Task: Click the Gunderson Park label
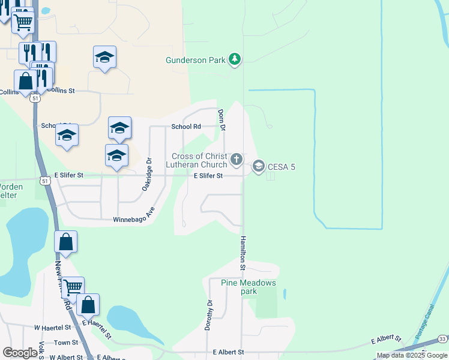tap(196, 60)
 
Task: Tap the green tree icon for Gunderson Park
tap(235, 59)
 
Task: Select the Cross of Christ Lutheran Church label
tap(199, 160)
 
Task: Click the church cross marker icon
tap(237, 159)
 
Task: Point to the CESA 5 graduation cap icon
tap(259, 166)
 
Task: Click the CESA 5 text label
tap(282, 167)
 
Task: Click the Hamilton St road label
tap(244, 247)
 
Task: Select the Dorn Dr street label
tap(221, 120)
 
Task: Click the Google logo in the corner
tap(20, 353)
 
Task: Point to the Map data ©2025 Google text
tap(412, 355)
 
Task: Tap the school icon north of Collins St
tap(105, 58)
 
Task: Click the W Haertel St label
tap(52, 328)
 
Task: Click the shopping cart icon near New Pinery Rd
tap(73, 287)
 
